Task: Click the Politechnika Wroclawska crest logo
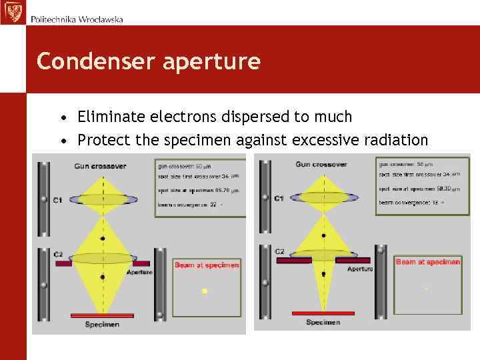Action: pos(13,12)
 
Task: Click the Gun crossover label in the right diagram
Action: pos(321,164)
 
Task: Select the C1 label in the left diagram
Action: pos(58,200)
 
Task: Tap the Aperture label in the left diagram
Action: pos(139,272)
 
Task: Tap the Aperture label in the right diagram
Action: pos(359,269)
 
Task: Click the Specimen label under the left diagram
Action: pos(102,325)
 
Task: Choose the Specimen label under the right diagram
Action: pos(323,323)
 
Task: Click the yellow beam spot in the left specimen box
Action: pos(205,291)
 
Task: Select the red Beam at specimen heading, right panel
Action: pos(428,262)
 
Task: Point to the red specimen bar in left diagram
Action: pos(102,315)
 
